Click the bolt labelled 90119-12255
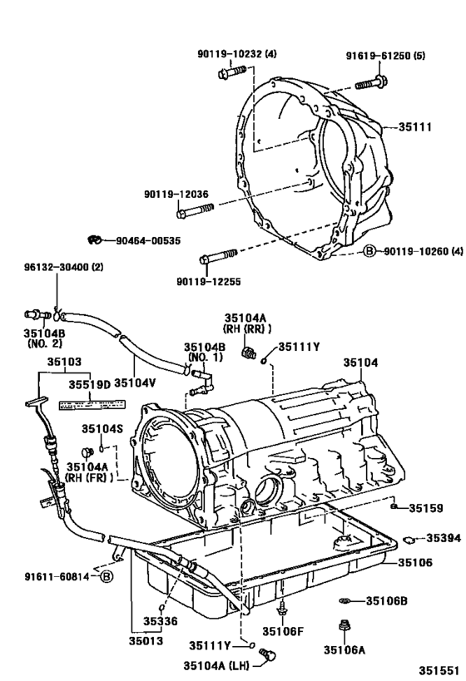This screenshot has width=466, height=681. [x=218, y=254]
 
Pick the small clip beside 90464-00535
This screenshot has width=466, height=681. [x=95, y=240]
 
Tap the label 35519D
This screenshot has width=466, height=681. [x=92, y=384]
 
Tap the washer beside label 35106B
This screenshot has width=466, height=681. [x=345, y=600]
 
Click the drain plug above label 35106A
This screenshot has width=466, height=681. [x=342, y=625]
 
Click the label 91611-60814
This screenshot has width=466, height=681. [x=50, y=575]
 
